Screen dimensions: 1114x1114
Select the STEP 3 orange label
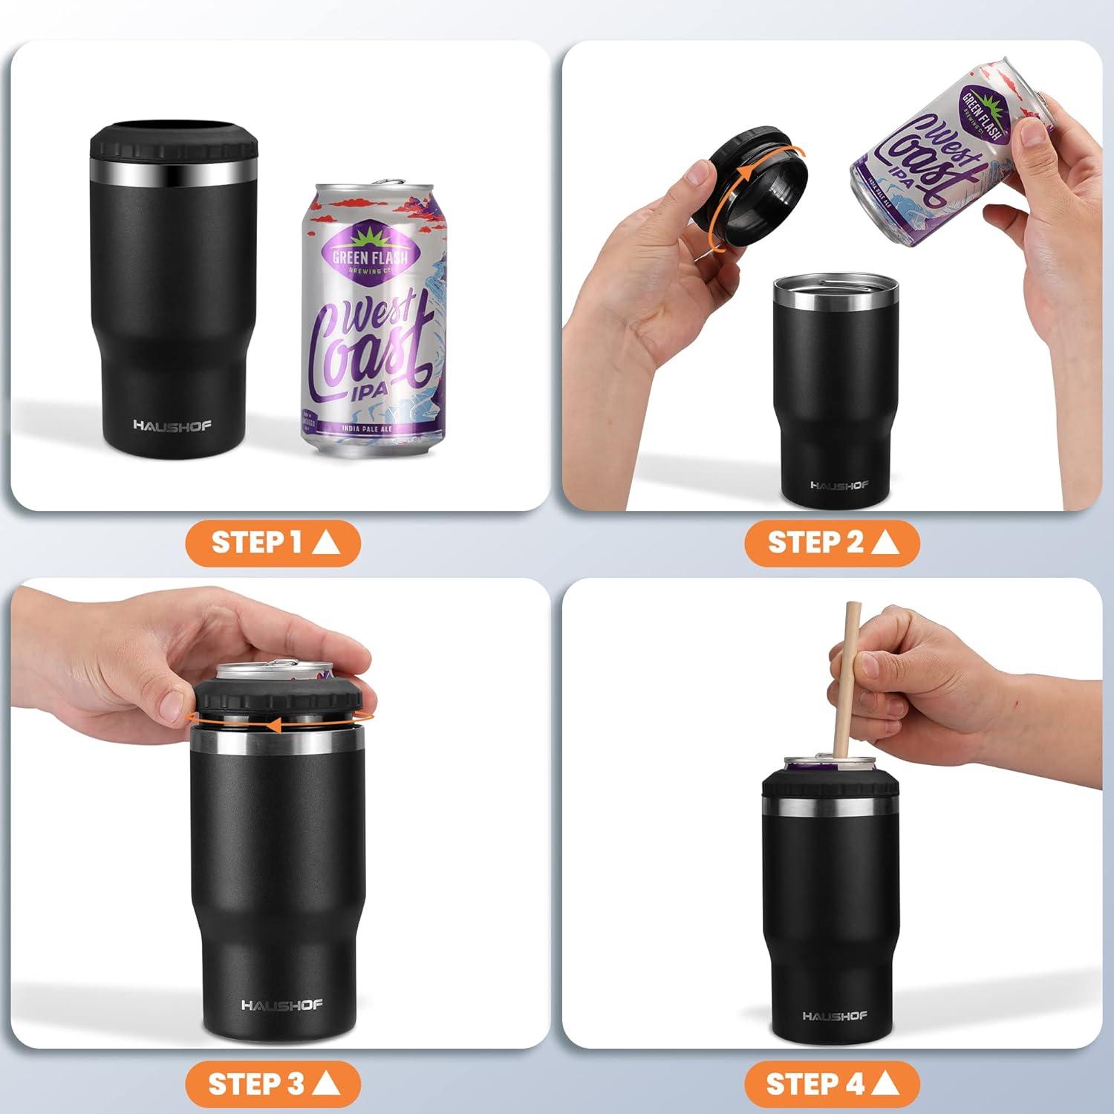coord(273,1084)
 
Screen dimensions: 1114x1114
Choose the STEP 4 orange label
coord(832,1084)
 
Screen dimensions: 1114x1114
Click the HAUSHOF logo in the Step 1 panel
coord(172,426)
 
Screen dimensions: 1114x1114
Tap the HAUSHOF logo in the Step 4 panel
coord(834,1015)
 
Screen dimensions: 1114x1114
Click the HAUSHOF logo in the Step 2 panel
coord(840,485)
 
